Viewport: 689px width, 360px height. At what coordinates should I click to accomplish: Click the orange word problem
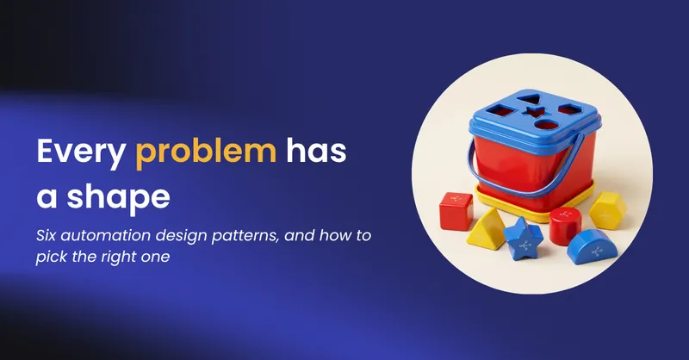click(x=206, y=152)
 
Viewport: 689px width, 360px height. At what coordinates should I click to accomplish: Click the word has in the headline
click(x=316, y=151)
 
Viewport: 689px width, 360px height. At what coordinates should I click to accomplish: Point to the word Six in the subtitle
click(x=47, y=236)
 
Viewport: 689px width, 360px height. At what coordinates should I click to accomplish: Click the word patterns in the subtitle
click(x=245, y=237)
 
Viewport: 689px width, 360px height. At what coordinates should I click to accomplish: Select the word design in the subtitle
click(x=182, y=237)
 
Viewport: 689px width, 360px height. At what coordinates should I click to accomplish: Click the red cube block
click(x=456, y=210)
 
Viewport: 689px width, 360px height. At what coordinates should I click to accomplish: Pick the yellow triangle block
click(x=486, y=229)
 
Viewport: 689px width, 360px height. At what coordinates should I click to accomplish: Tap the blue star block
click(x=523, y=239)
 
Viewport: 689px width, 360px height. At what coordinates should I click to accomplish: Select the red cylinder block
click(x=565, y=225)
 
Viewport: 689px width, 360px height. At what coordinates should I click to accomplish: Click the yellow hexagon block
click(x=607, y=211)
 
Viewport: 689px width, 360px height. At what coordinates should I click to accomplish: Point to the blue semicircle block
click(x=592, y=246)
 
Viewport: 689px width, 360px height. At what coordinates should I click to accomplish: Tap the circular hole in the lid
click(x=547, y=124)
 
